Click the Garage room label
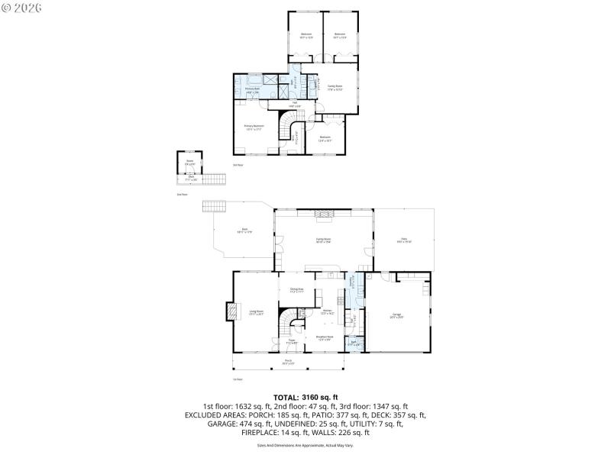click(x=396, y=314)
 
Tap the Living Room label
click(x=256, y=311)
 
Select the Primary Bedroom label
click(x=253, y=127)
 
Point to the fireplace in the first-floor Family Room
click(x=324, y=215)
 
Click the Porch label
click(x=288, y=362)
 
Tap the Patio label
click(x=404, y=241)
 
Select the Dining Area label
click(x=296, y=290)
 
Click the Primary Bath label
click(x=253, y=91)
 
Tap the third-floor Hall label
click(x=294, y=105)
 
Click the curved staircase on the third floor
click(x=288, y=127)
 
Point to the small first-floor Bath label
click(x=354, y=343)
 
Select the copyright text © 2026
click(x=23, y=7)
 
